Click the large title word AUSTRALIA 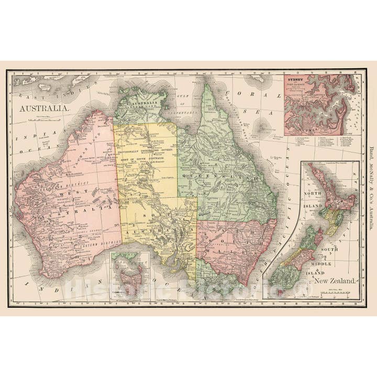(x=45, y=107)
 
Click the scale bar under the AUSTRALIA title (x=45, y=119)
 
